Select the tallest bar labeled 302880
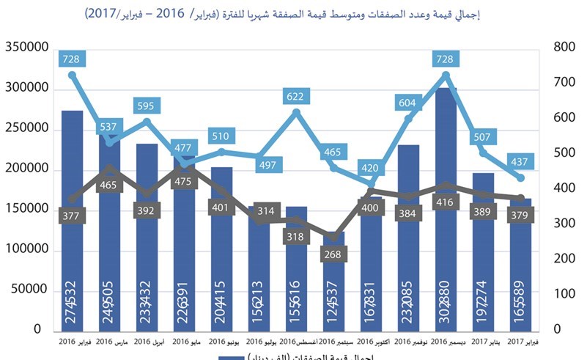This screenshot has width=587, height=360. (447, 220)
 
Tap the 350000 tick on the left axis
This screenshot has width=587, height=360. (26, 48)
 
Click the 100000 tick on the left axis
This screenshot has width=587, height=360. (26, 250)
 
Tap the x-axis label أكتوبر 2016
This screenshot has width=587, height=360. (373, 342)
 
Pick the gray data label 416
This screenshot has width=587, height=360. (447, 202)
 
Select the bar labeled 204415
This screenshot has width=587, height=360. (221, 249)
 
